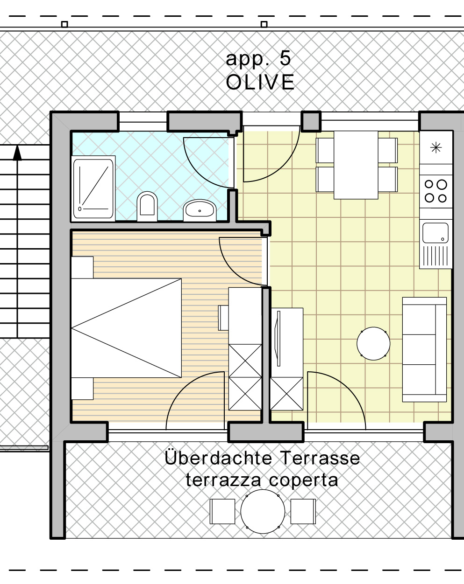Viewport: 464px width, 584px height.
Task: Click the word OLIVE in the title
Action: point(260,82)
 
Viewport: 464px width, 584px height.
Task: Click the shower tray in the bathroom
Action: point(93,188)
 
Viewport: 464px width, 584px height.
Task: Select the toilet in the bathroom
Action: point(147,206)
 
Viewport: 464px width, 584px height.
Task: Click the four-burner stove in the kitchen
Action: point(436,192)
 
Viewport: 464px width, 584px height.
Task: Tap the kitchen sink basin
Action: point(435,233)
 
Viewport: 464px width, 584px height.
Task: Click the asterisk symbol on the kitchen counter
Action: point(436,147)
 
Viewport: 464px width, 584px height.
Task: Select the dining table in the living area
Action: point(356,165)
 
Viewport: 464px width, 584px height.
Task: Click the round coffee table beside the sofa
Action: point(373,344)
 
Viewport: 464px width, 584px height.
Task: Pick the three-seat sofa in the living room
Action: point(424,349)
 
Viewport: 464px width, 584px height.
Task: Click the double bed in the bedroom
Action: point(127,328)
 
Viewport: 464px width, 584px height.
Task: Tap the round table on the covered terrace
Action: point(263,512)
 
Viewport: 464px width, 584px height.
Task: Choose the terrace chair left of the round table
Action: point(222,512)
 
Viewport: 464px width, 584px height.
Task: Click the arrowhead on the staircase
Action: point(17,153)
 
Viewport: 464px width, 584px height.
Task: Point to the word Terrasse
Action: point(320,459)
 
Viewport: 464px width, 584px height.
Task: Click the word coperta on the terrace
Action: point(304,480)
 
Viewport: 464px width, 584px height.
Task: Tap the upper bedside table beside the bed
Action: point(82,267)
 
